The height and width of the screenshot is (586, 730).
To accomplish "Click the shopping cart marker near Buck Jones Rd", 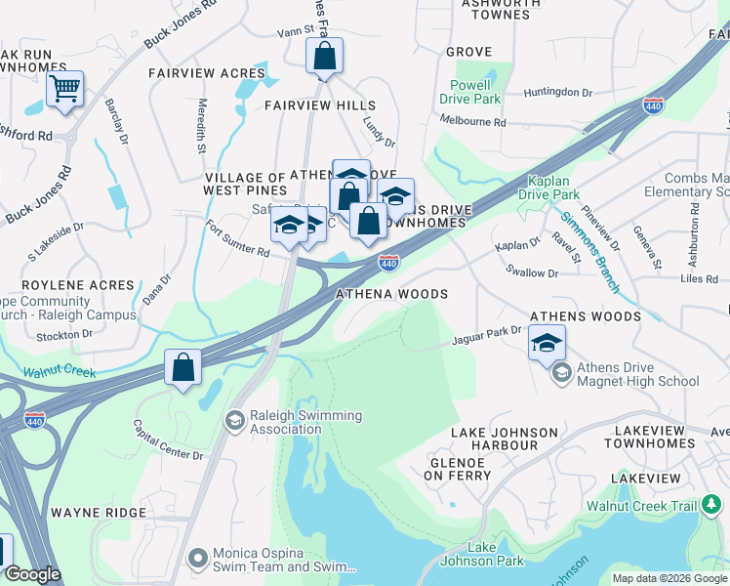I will pyautogui.click(x=64, y=90).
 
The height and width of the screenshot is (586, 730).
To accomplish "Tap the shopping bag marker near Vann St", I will pyautogui.click(x=324, y=57).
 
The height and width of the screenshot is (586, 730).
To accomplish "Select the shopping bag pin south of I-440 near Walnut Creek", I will pyautogui.click(x=182, y=368).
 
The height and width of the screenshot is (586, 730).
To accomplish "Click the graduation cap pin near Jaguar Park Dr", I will pyautogui.click(x=547, y=343).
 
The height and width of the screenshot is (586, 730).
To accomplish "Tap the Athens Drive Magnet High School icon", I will pyautogui.click(x=561, y=373).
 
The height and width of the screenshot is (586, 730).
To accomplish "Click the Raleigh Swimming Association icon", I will pyautogui.click(x=233, y=421).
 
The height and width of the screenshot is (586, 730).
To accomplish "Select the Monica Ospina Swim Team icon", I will pyautogui.click(x=199, y=559).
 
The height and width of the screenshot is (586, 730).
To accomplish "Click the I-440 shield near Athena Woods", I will pyautogui.click(x=388, y=263).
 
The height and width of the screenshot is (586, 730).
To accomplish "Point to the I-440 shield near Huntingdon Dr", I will pyautogui.click(x=654, y=105).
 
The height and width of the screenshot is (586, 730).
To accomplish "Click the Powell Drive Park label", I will pyautogui.click(x=469, y=92).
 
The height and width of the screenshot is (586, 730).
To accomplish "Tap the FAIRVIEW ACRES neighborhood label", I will pyautogui.click(x=207, y=73).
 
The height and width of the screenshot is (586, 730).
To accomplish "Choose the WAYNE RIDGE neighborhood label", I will pyautogui.click(x=99, y=512).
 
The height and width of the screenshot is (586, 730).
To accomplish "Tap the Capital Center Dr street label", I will pyautogui.click(x=168, y=441).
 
